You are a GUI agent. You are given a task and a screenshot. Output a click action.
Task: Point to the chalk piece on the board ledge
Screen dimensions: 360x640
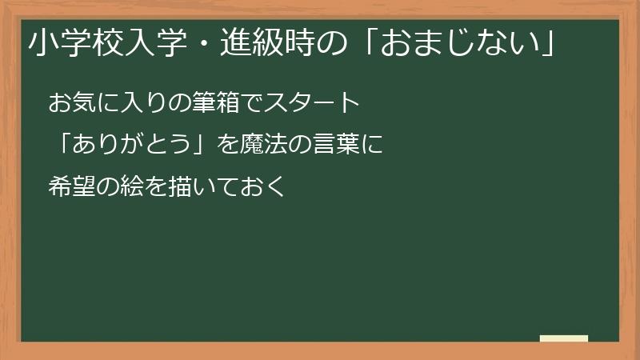(563, 338)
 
